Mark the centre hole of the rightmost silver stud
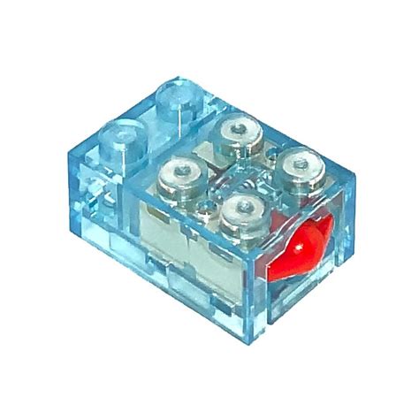304,164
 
